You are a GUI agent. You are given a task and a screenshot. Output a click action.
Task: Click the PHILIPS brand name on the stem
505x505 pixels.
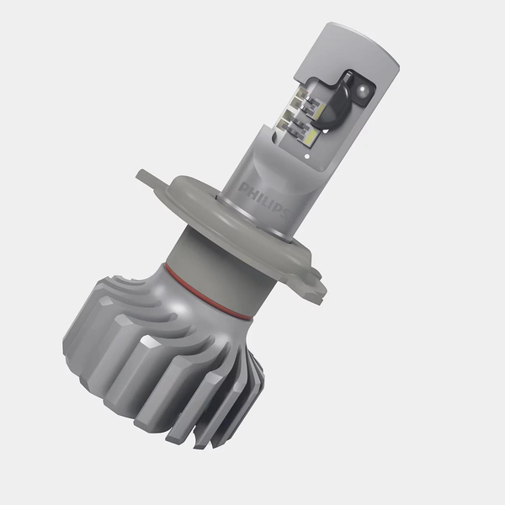[263, 199]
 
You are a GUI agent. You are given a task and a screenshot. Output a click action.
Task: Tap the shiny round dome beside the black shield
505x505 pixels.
[359, 88]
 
